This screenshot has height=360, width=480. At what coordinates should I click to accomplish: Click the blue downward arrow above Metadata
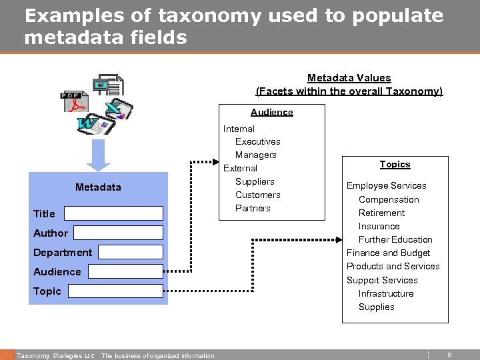99,157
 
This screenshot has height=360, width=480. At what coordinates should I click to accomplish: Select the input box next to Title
113,213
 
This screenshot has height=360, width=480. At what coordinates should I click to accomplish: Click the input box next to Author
118,233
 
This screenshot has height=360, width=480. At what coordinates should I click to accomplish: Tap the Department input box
130,252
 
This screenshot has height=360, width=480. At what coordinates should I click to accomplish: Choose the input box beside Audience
125,271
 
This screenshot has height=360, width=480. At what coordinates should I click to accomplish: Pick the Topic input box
115,291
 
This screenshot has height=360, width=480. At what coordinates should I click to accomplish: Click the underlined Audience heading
271,112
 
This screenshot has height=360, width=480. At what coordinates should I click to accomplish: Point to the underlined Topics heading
395,164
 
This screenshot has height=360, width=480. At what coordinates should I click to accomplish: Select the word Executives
257,141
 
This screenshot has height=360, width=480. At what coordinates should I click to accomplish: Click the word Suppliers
255,181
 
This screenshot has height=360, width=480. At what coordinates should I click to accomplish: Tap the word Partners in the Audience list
253,208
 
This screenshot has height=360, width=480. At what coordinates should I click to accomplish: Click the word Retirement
381,213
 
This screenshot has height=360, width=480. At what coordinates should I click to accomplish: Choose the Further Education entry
395,239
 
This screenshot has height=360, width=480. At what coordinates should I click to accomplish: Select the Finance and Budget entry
388,253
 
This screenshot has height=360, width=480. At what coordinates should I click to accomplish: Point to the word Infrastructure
386,293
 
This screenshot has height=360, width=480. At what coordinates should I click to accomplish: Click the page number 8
449,355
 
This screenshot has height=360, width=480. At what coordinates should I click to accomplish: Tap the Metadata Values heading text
349,78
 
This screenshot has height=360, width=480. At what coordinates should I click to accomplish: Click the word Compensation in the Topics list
389,199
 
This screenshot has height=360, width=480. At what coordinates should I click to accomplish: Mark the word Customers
257,195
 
